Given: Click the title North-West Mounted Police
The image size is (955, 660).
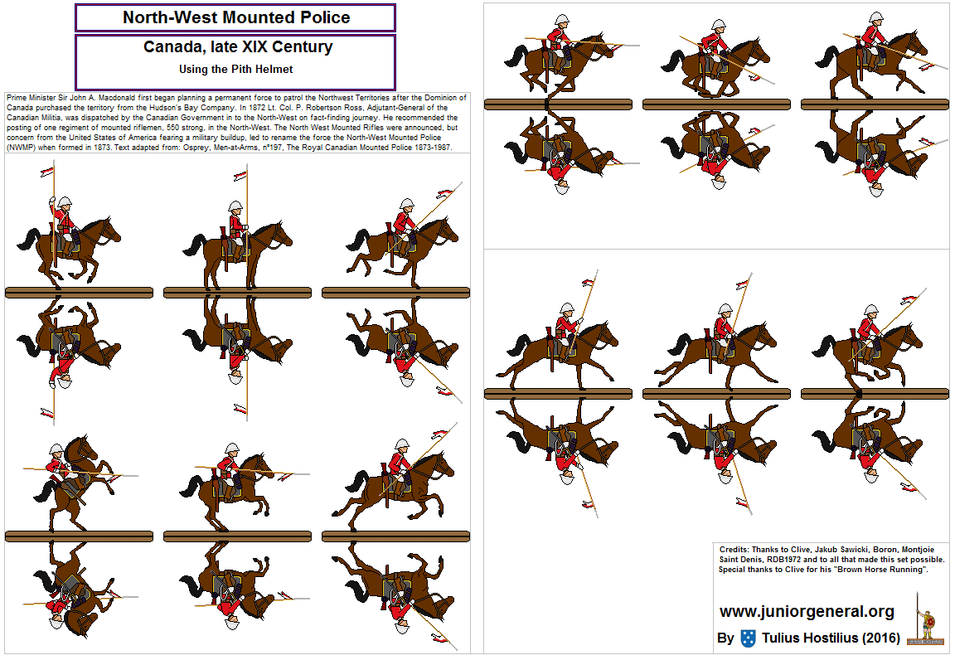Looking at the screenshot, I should (235, 17).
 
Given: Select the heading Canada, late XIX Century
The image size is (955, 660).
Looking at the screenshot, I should (237, 47).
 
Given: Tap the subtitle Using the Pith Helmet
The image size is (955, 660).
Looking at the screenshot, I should (236, 70).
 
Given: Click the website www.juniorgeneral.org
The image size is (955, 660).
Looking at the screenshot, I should (807, 612).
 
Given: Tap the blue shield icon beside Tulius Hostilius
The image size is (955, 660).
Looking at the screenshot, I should (748, 638).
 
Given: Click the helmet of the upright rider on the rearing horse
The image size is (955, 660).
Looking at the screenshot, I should (56, 449).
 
